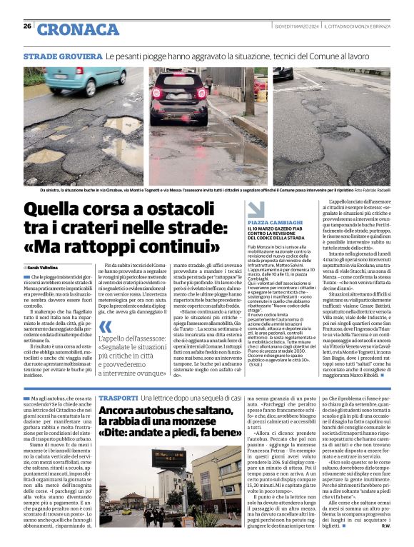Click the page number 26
(x=27, y=26)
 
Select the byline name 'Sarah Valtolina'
(x=46, y=267)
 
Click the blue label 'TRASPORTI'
(x=118, y=397)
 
